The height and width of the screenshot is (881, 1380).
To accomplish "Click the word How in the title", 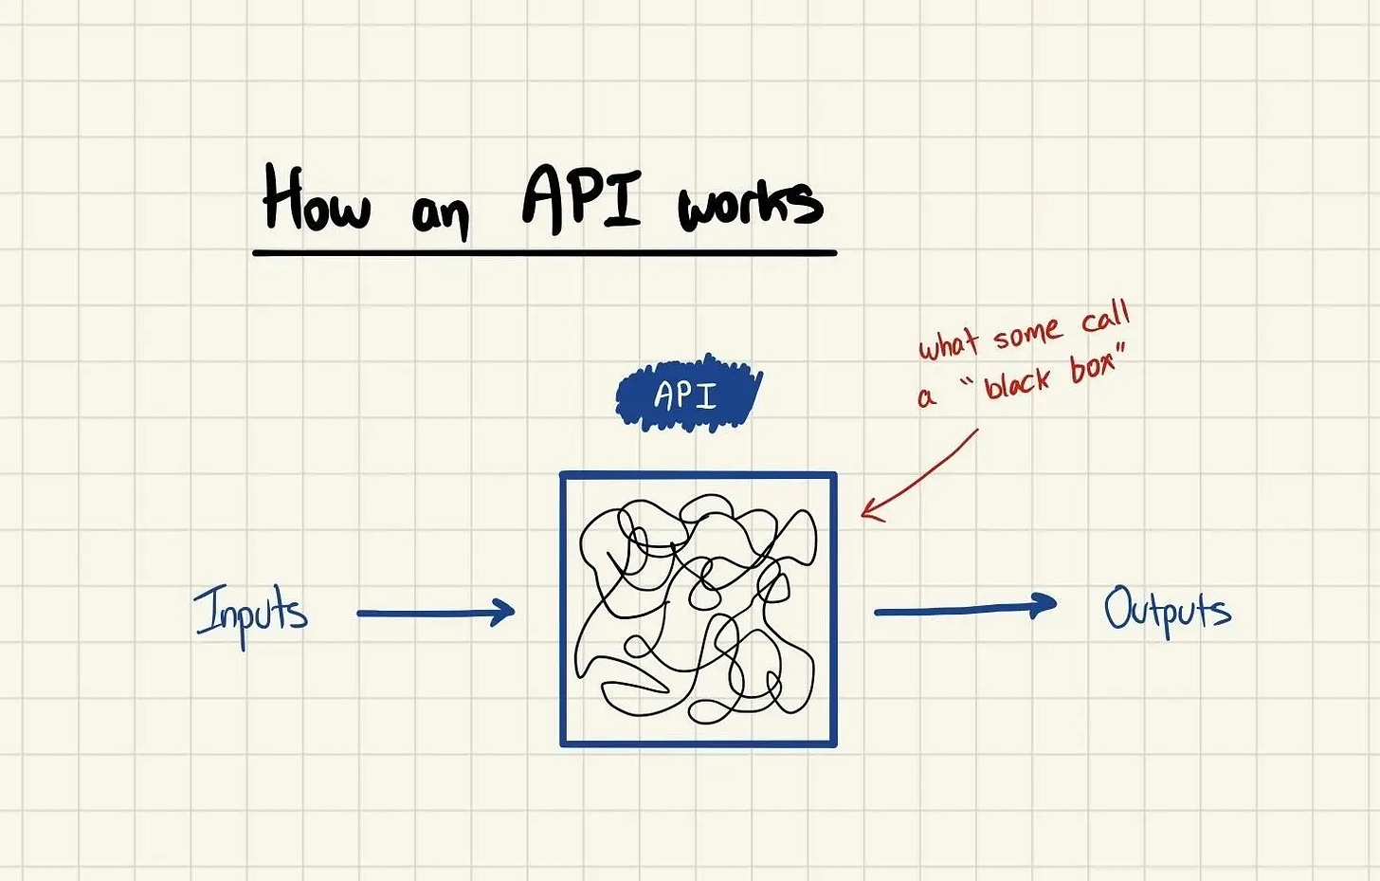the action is click(316, 199).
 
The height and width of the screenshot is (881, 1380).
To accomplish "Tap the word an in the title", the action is click(440, 214).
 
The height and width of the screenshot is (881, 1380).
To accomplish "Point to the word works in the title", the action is click(750, 203).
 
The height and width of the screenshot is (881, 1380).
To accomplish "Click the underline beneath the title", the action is click(544, 253).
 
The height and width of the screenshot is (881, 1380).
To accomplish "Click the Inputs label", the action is click(251, 612).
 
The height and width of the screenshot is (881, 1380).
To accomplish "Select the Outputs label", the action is click(1167, 610).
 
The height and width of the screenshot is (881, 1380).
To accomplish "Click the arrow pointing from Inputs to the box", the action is click(435, 613).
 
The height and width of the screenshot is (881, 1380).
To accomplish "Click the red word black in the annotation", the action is click(1017, 382).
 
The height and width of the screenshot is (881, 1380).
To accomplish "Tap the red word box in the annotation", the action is click(1094, 365).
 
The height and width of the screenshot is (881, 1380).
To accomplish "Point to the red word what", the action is click(948, 343).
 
